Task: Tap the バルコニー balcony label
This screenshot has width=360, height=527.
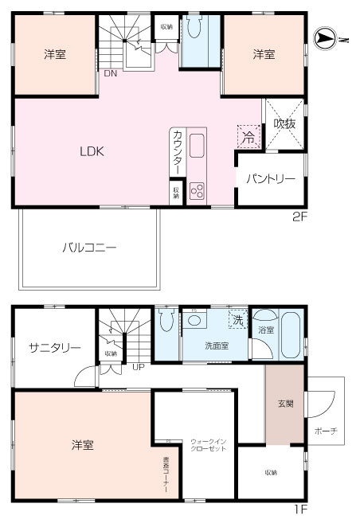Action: pos(89,248)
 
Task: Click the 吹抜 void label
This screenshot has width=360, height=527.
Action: pos(284,124)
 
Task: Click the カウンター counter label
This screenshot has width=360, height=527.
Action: pos(177,151)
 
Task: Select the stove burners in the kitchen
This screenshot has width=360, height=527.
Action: pos(197,191)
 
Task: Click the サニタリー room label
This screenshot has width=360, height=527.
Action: pos(54,348)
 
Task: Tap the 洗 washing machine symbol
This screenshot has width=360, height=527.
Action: pos(237,320)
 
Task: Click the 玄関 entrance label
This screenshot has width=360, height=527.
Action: pos(284,404)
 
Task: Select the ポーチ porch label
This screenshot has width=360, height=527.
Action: pos(326,431)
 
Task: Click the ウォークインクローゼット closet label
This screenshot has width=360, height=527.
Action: pos(209,445)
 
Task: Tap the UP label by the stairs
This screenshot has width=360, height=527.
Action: pos(139,368)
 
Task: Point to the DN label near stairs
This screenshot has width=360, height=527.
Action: pos(109,73)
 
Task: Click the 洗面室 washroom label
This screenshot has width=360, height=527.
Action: pos(213,346)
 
